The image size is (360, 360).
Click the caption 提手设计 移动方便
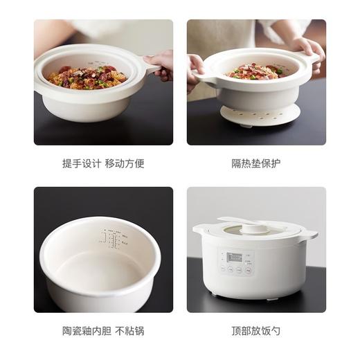tap(103, 164)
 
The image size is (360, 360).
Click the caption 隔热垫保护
tap(256, 164)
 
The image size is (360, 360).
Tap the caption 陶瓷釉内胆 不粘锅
tap(103, 332)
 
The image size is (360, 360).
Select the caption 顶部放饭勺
tap(256, 332)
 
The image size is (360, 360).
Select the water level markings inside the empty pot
tap(111, 240)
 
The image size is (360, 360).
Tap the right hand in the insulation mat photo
tap(309, 48)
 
